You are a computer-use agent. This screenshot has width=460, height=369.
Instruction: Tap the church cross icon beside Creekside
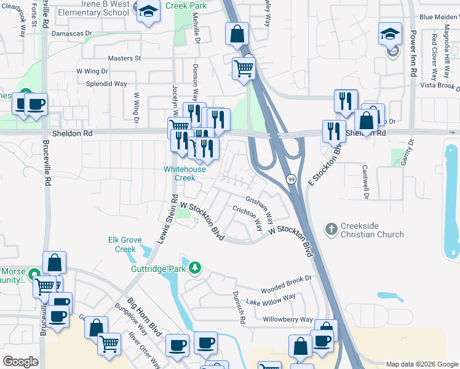tap(330, 230)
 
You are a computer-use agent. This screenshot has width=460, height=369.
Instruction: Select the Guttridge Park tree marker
tap(195, 268)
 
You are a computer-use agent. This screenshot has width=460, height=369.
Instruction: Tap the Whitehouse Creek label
tap(179, 173)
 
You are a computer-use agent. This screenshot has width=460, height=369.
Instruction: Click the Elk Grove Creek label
tap(122, 244)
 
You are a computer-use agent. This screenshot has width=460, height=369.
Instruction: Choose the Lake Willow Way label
tap(271, 301)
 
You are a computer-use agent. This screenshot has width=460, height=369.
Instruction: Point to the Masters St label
tap(124, 58)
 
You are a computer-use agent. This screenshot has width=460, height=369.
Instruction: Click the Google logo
tap(20, 362)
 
